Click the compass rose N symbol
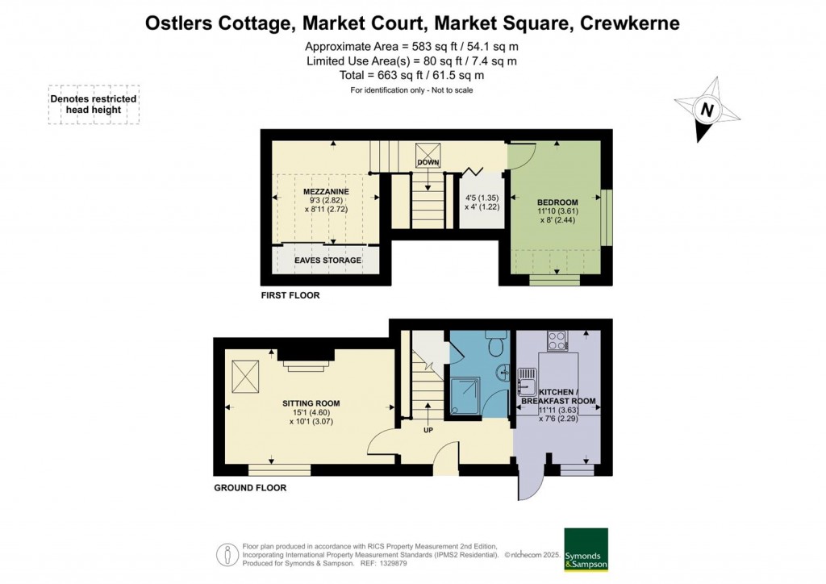pos(707,110)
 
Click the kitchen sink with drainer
pos(528,377)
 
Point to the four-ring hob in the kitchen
pos(557,340)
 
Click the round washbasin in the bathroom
pos(503,373)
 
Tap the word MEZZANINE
pos(326,191)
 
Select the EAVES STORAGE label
pos(327,261)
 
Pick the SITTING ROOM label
pos(311,403)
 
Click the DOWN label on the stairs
pos(428,163)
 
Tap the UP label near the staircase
pos(428,429)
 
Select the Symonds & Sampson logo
pos(586,549)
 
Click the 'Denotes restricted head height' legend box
pos(94,104)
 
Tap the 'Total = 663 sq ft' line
pos(412,75)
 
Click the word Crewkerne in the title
pos(628,23)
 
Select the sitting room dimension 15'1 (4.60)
pos(311,412)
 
